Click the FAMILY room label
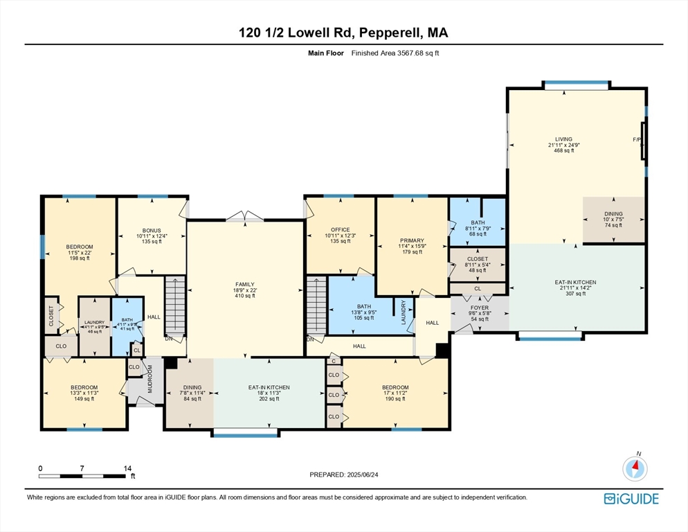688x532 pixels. click(x=244, y=284)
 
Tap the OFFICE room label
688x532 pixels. click(x=340, y=230)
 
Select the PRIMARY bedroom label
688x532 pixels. click(x=411, y=240)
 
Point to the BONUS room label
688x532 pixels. click(x=152, y=230)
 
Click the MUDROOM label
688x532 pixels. click(x=150, y=378)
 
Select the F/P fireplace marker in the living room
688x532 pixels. click(x=637, y=140)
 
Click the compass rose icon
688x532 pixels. click(x=635, y=468)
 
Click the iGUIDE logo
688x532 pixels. click(x=631, y=499)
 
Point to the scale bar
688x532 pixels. click(x=84, y=475)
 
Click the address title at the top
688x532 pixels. click(x=344, y=33)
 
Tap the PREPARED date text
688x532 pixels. click(x=344, y=475)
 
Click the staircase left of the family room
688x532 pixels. click(x=174, y=305)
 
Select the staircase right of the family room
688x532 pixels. click(x=316, y=305)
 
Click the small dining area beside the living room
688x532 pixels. click(x=613, y=220)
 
